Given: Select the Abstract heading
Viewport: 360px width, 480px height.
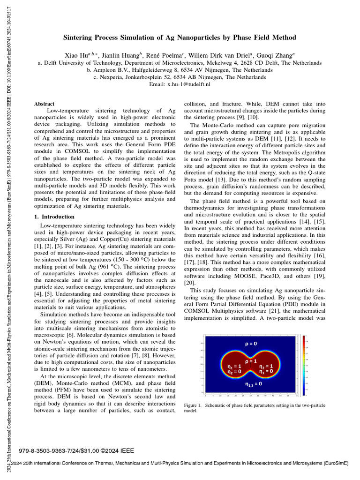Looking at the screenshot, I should click(44, 104).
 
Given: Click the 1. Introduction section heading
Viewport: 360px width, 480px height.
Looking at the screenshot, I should click(54, 217).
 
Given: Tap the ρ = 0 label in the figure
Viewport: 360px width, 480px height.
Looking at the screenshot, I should click(251, 344).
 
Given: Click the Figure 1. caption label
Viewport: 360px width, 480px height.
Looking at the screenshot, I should click(193, 405).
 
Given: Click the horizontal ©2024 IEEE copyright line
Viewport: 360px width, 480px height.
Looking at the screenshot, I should click(76, 451).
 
